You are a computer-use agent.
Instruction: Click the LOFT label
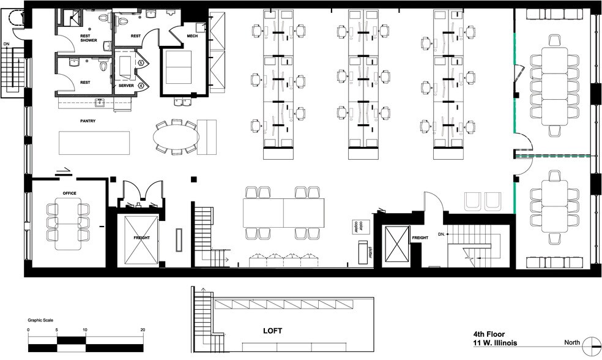coord(273,331)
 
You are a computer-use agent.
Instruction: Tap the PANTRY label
coord(87,121)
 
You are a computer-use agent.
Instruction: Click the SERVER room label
coord(127,86)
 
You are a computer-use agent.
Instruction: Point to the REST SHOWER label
coord(89,38)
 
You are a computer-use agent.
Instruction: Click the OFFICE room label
coord(69,193)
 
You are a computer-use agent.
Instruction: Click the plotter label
coord(370,252)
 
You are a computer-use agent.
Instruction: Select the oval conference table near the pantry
coord(176,138)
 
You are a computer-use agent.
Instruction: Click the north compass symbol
coord(592,344)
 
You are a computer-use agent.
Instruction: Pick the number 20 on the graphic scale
coord(143,330)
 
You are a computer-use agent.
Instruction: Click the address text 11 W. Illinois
coord(495,343)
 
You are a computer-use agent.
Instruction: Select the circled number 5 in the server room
coord(141,62)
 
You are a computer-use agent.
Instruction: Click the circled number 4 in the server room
coord(141,86)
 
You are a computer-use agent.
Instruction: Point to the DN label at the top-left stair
coord(7,43)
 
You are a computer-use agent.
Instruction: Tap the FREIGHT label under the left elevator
coord(142,237)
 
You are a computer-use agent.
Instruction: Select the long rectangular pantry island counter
coord(95,143)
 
